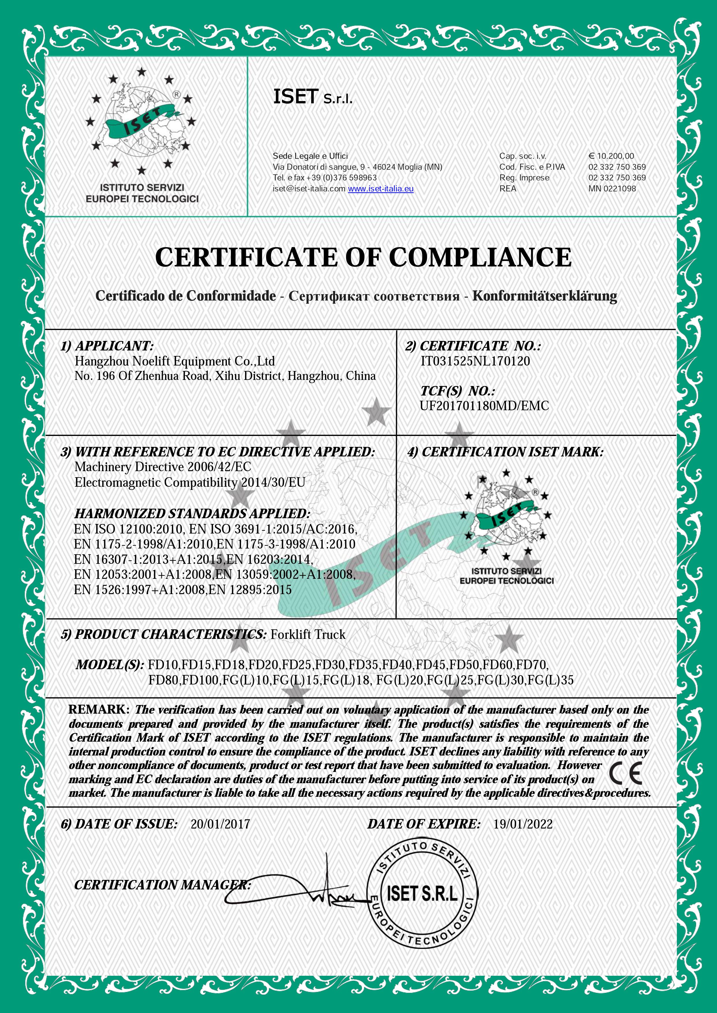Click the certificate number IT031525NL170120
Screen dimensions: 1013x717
click(x=475, y=361)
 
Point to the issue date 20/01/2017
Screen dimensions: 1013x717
click(x=220, y=824)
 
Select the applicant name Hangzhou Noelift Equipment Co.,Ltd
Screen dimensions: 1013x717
click(x=175, y=361)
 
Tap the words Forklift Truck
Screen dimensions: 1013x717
click(x=308, y=635)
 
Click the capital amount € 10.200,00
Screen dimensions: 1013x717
click(x=611, y=156)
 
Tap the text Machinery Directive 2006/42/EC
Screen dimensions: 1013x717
click(x=163, y=467)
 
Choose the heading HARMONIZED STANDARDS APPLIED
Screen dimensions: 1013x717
click(x=193, y=514)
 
